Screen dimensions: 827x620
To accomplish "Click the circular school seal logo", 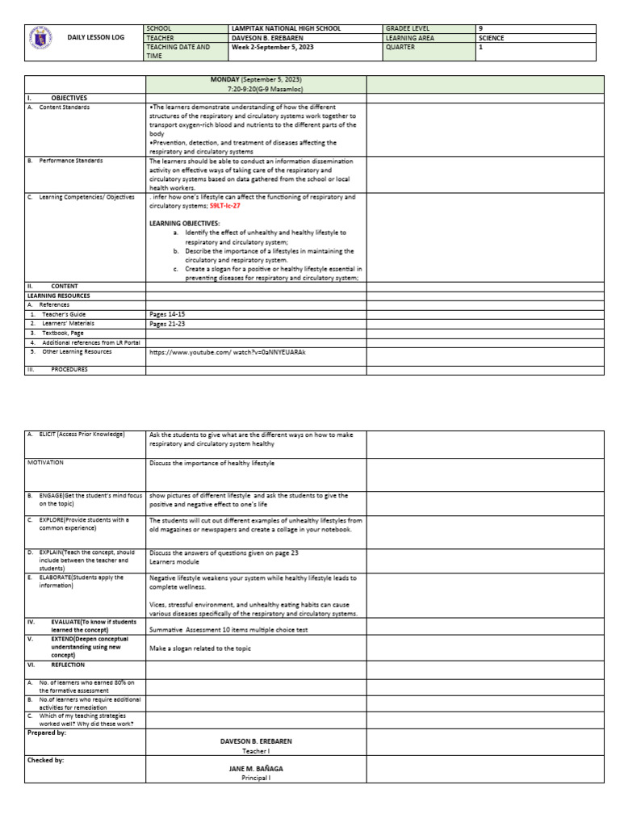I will point(40,38).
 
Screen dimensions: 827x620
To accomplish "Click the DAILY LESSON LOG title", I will point(95,38).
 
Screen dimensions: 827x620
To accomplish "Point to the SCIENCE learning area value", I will point(491,38).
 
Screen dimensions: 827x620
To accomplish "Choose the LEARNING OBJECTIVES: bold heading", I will point(184,222).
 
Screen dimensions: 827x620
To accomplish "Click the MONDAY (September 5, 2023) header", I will point(255,79).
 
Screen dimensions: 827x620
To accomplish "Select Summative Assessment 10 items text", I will point(228,629).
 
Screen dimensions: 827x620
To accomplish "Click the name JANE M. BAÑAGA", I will point(256,769).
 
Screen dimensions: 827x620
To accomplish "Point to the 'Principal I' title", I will point(256,779).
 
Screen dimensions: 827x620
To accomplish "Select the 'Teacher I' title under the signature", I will point(256,750).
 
